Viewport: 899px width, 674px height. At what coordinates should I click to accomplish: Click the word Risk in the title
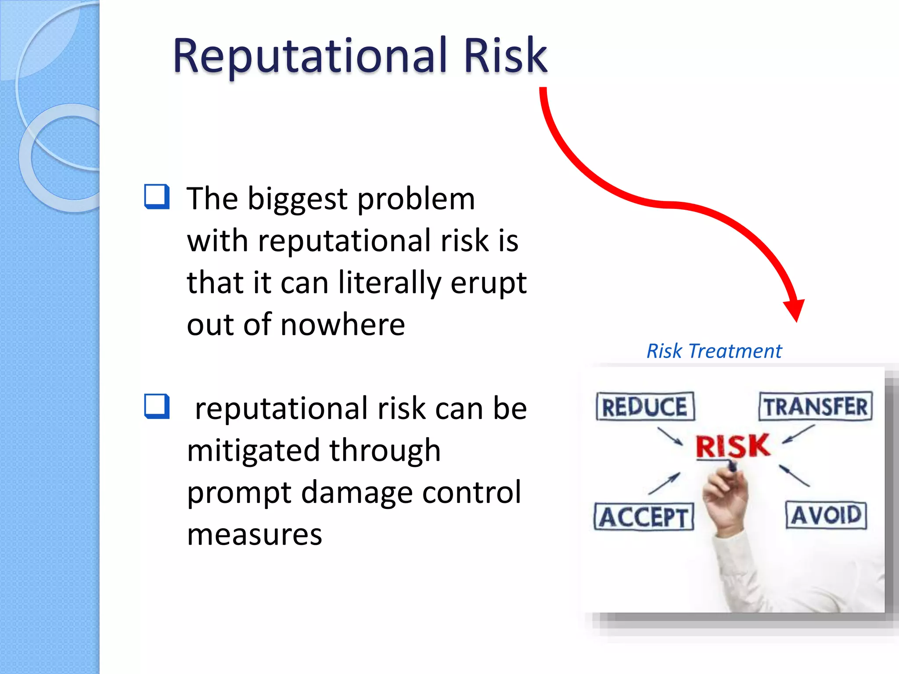point(505,56)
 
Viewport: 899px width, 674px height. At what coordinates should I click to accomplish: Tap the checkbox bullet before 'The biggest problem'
point(157,197)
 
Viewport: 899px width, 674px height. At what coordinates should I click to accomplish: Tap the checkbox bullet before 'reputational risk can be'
point(157,406)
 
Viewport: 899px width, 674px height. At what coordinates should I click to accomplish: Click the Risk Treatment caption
point(714,351)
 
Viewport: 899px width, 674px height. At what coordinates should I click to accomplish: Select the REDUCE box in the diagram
point(645,406)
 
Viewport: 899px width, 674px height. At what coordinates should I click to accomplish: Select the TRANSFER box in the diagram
point(816,406)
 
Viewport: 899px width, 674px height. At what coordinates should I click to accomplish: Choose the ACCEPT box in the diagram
point(644,517)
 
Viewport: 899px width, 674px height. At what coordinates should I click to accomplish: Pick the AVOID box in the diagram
point(826,515)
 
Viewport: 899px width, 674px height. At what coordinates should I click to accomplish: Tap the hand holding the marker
point(724,500)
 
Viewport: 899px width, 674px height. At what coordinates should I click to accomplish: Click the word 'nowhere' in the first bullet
point(342,325)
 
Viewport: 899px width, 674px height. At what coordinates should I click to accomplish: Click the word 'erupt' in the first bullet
point(488,283)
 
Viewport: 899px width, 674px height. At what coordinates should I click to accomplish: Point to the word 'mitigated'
point(253,451)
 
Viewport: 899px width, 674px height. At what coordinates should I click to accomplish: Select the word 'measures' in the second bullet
point(255,534)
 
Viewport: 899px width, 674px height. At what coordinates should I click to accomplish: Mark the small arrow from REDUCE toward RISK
point(670,436)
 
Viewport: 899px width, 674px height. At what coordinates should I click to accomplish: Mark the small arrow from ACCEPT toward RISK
point(665,483)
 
